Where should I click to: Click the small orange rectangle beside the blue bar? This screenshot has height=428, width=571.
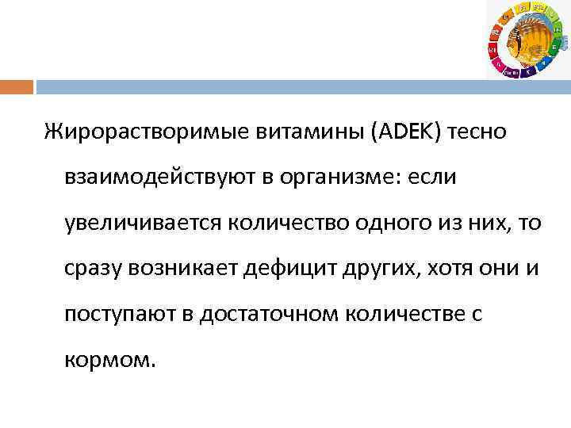(x=17, y=86)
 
